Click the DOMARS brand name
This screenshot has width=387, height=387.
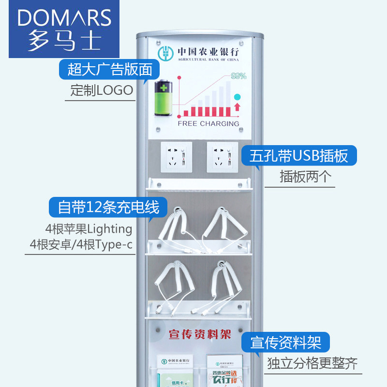pos(64,18)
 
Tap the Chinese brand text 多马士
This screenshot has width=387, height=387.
pos(64,41)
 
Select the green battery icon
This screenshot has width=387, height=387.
pos(164,98)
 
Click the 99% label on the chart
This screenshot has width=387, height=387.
pos(238,76)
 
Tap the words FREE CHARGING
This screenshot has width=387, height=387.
pos(208,123)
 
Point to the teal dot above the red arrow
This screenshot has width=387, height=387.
pos(237,97)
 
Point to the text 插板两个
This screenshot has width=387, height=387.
pos(306,177)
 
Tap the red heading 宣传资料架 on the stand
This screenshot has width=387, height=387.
pos(200,334)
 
